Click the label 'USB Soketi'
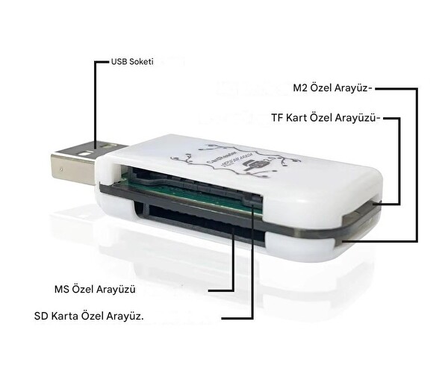point(131,63)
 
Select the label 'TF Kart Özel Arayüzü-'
point(326,118)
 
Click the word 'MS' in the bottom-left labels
point(63,288)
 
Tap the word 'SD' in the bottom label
point(42,316)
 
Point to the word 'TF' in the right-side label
point(278,118)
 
